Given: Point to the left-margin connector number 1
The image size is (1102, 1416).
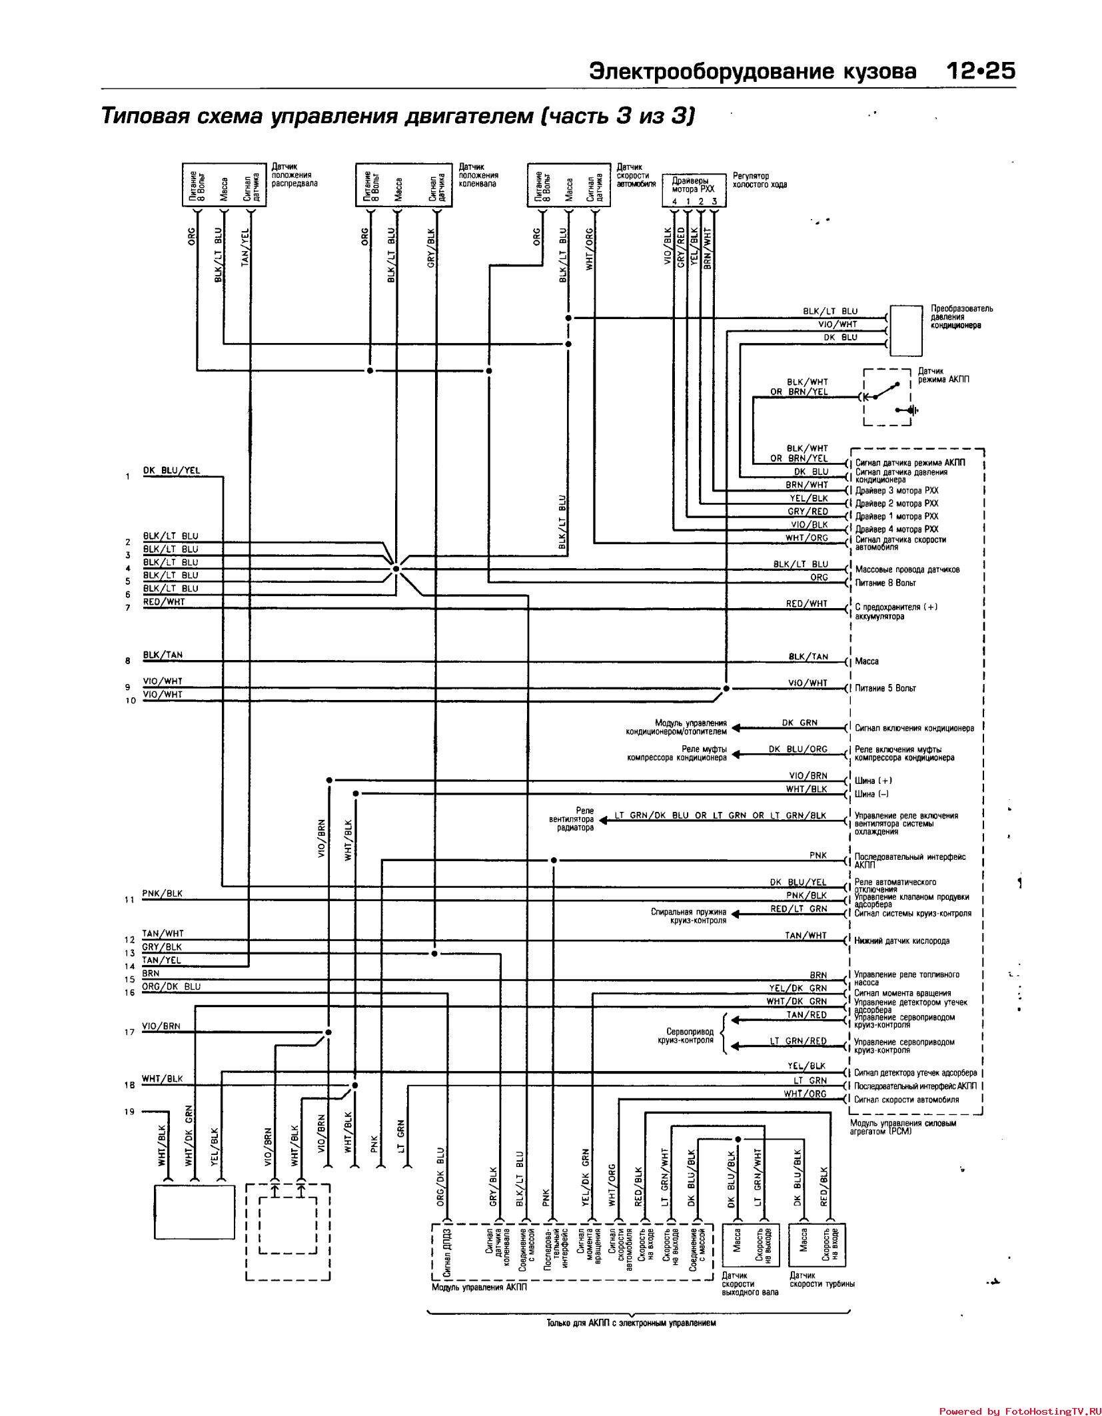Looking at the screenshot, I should tap(127, 477).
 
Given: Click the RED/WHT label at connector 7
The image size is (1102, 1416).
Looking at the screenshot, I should tap(164, 602).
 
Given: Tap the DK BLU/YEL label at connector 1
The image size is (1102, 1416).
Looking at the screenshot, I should tap(171, 471).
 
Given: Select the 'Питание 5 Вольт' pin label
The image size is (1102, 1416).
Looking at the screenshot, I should tap(885, 688).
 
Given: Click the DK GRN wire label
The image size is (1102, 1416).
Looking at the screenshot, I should tap(800, 723).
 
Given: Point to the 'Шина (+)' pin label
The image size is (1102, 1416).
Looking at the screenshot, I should tap(873, 781).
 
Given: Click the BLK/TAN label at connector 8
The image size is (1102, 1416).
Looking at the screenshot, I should tap(163, 655).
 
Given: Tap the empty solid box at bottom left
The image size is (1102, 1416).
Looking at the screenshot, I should tap(194, 1212).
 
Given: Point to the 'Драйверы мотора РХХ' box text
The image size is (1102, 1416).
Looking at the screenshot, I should tap(693, 184).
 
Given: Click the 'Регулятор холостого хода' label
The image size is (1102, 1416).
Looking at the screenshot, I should tap(760, 180).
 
